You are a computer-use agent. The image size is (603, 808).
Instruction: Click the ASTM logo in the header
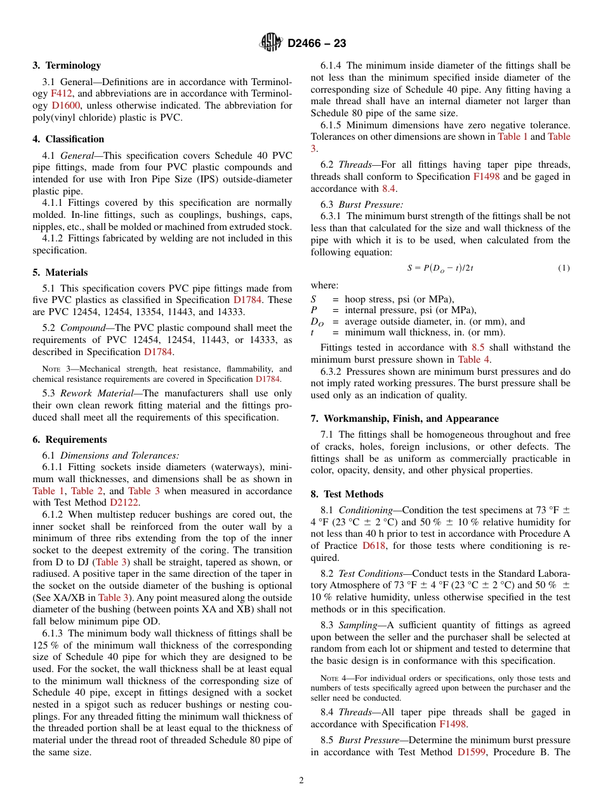tap(271, 43)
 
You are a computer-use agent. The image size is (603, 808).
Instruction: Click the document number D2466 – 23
tap(317, 44)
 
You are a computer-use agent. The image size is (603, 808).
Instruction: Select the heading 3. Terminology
tap(67, 65)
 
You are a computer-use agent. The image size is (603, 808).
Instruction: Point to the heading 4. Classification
tap(69, 139)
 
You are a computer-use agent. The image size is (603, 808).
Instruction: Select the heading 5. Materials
tap(60, 273)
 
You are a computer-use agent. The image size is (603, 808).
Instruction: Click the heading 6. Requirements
tap(70, 440)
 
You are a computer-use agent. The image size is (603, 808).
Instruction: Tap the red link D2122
tap(124, 502)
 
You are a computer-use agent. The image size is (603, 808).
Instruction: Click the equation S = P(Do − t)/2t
tap(441, 268)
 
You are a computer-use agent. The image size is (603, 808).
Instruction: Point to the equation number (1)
tap(564, 268)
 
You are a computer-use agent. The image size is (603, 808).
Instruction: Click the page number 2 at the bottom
tap(301, 781)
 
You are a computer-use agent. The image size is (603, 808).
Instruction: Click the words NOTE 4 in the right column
tap(333, 678)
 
